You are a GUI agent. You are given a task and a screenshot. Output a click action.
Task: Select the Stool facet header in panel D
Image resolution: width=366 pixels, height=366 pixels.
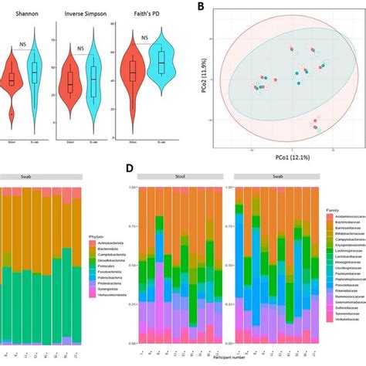(x=176, y=176)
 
